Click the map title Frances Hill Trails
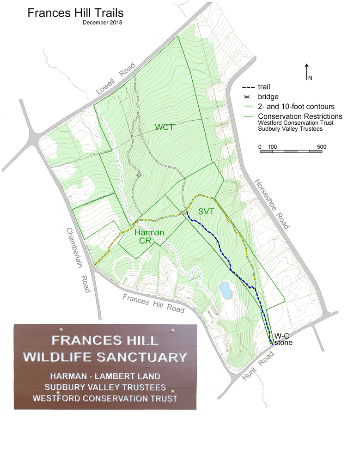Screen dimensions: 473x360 (75, 13)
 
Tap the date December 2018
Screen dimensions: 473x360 (103, 23)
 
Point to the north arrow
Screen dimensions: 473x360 (307, 72)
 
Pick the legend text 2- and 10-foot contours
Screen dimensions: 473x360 (296, 107)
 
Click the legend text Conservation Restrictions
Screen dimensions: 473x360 (300, 116)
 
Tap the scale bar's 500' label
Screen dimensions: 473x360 (322, 146)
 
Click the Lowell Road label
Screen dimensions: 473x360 (116, 79)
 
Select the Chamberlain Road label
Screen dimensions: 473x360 (78, 260)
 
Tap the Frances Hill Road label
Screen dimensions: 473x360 (153, 303)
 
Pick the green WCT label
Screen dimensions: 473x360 (164, 127)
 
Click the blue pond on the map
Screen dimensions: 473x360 (226, 290)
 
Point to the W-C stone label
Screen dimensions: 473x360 (283, 339)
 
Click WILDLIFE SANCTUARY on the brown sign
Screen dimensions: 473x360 (105, 357)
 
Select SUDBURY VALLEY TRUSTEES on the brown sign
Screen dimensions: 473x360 (105, 387)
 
